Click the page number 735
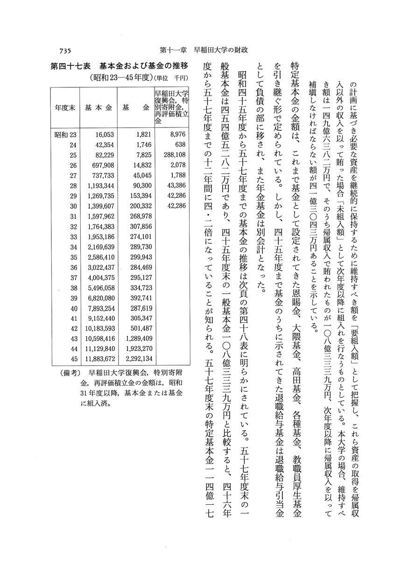(68, 50)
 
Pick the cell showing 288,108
(172, 154)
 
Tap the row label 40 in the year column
(73, 308)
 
